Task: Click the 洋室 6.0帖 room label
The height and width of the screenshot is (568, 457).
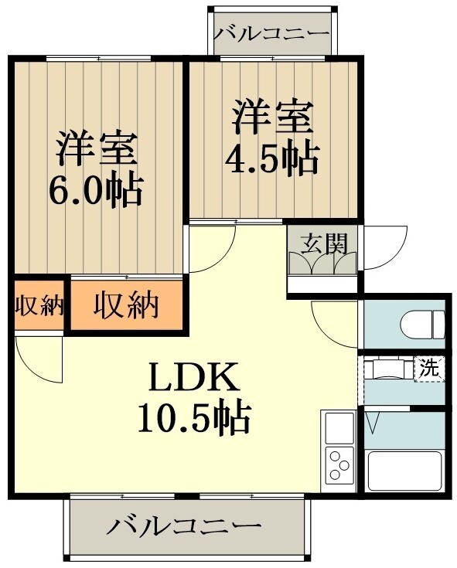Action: (x=97, y=168)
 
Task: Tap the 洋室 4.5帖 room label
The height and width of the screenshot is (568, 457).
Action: (x=271, y=138)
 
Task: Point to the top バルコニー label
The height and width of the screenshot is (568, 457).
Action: (x=271, y=34)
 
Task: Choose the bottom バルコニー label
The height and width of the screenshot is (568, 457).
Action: (x=184, y=528)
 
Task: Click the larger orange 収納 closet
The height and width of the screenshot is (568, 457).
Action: (x=126, y=307)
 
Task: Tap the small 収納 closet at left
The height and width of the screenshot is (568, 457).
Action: (x=38, y=306)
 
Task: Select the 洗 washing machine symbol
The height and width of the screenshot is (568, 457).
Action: (x=429, y=368)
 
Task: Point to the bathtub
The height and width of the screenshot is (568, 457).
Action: (x=404, y=469)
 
